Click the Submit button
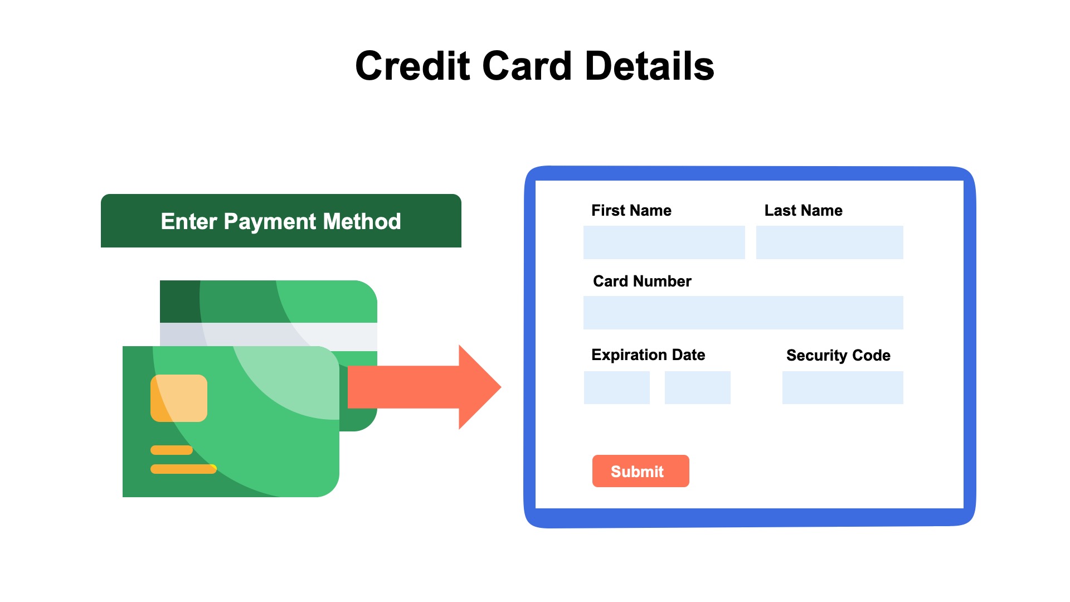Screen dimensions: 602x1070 point(640,471)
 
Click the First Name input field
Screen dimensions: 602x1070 point(664,242)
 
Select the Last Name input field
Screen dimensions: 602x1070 point(829,242)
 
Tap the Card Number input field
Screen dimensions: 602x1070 point(743,313)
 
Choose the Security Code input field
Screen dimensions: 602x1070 point(843,387)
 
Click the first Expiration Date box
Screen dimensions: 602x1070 point(616,387)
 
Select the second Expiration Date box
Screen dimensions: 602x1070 point(697,387)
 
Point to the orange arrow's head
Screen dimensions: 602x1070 point(479,387)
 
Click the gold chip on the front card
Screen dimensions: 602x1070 point(179,398)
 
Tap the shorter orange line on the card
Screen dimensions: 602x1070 point(172,450)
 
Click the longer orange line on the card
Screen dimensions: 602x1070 point(183,469)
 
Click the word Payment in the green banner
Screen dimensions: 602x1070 point(270,222)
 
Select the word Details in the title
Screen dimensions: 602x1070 point(649,66)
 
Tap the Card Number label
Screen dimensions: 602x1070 point(642,281)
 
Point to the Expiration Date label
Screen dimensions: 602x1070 point(648,355)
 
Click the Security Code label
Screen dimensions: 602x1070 point(838,355)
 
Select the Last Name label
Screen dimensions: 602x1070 point(803,210)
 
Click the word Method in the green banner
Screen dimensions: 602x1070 point(362,222)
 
